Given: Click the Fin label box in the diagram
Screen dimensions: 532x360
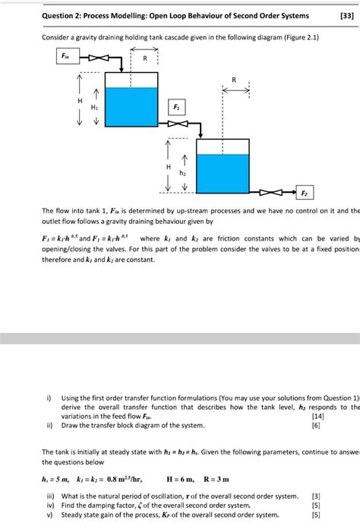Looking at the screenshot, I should [66, 56].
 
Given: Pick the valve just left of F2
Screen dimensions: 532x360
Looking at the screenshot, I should [273, 192].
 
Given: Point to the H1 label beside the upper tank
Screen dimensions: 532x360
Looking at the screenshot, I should [94, 108].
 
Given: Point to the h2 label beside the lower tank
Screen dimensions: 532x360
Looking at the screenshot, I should [182, 173].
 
